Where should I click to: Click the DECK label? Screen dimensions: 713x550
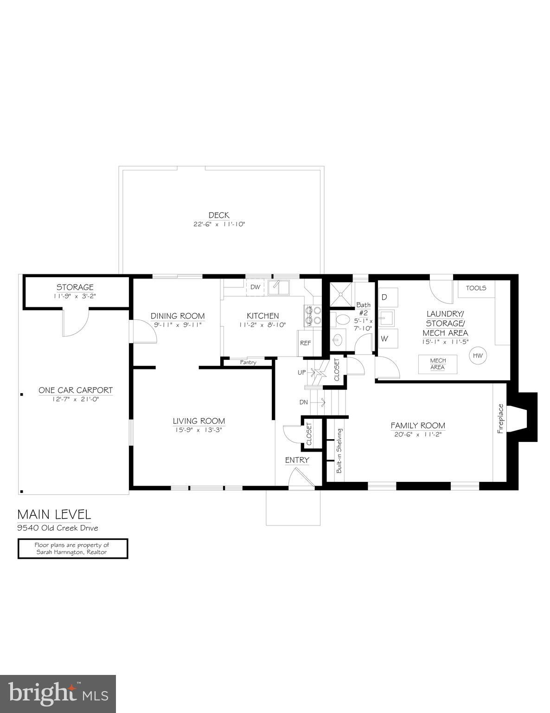coord(218,215)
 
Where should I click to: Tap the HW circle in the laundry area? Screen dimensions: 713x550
coord(478,356)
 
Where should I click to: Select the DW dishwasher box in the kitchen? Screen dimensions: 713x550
coord(255,287)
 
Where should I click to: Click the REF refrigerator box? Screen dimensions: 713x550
coord(305,344)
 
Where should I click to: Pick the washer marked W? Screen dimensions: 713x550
coord(384,338)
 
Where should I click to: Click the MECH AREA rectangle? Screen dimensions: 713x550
coord(438,364)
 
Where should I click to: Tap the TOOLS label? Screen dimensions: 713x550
coord(476,288)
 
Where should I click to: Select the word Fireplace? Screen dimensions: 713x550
coord(500,419)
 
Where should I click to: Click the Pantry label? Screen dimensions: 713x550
coord(248,362)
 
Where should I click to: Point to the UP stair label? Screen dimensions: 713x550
coord(302,373)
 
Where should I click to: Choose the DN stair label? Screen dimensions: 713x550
coord(303,402)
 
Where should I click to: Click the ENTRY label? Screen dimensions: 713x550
coord(297,460)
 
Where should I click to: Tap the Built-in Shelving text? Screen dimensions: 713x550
coord(339,451)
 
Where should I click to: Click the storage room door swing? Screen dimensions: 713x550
coord(74,325)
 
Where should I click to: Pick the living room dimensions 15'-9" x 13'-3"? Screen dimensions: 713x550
coord(198,430)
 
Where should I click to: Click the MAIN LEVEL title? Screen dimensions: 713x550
coord(54,514)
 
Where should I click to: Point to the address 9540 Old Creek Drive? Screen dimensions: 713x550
coord(58,528)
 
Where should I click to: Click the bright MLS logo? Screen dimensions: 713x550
coord(58,694)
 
